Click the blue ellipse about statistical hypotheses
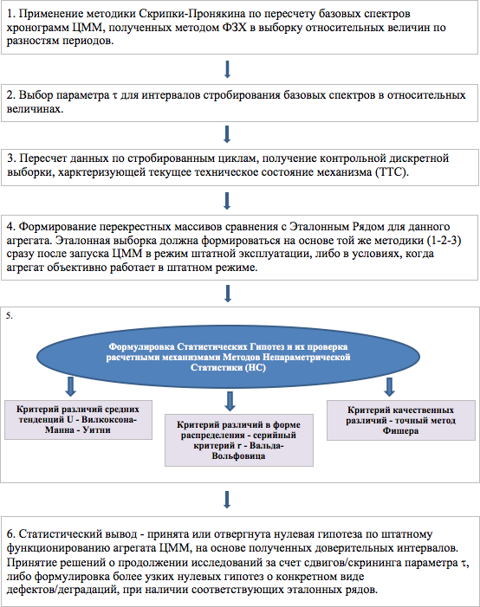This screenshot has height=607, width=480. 228,357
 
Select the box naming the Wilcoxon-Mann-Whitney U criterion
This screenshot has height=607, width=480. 78,420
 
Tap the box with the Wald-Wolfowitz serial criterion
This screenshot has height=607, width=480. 239,440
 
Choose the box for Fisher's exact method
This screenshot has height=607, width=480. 401,421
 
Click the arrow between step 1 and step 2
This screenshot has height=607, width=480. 227,69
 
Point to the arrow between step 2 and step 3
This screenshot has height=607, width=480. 227,134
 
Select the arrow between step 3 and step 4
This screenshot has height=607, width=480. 227,201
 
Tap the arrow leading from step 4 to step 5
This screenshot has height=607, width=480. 228,294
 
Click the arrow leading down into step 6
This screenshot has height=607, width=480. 227,500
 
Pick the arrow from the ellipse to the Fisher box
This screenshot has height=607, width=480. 389,387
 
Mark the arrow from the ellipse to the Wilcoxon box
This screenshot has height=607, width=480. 70,386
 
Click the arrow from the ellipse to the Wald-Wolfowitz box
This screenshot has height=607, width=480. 230,401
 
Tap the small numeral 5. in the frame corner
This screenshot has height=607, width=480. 10,316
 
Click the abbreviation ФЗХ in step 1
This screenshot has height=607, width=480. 235,28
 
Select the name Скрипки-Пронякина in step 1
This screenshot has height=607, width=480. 192,14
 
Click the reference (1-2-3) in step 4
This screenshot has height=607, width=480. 444,241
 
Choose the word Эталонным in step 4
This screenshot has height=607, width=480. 319,227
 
